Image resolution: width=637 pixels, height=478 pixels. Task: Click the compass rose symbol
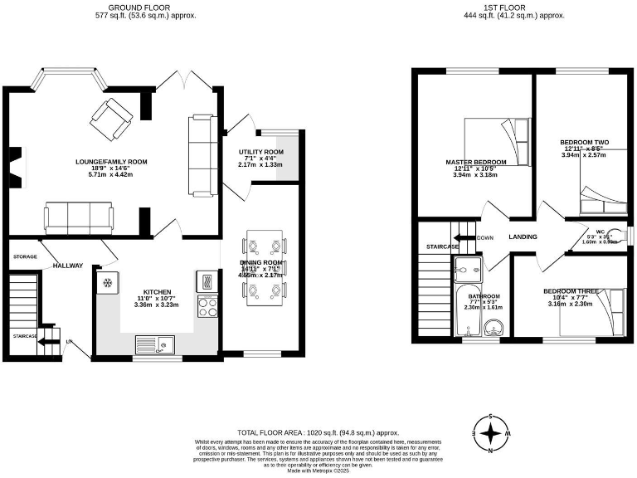click(x=493, y=432)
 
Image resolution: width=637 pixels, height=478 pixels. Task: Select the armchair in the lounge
click(x=108, y=118)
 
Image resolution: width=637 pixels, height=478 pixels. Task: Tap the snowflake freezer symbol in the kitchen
click(x=106, y=284)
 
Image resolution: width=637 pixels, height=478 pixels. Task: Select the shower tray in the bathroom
click(x=469, y=269)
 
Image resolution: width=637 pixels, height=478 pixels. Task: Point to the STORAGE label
click(x=25, y=257)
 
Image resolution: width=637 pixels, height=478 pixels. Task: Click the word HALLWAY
click(x=68, y=266)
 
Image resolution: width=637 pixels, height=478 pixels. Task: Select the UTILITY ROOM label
click(x=261, y=153)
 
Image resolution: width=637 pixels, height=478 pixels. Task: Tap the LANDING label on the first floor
click(x=523, y=237)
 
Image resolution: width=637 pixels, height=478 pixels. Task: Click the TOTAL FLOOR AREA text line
click(x=318, y=433)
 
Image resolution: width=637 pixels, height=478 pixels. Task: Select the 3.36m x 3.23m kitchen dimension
click(x=157, y=305)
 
